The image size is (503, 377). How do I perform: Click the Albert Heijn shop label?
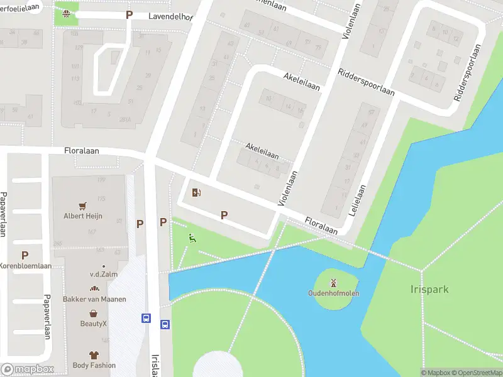[82, 216]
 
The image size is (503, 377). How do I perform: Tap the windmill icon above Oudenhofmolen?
[334, 281]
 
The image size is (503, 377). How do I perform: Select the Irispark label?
[429, 290]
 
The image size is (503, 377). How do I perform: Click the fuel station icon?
[196, 193]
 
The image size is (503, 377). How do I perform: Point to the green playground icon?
[192, 238]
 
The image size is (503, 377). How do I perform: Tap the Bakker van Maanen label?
[94, 299]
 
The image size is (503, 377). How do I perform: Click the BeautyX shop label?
[94, 324]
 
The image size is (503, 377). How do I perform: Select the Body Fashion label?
[94, 365]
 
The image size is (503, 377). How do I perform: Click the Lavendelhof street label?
[170, 17]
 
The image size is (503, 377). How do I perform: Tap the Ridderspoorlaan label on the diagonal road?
[366, 82]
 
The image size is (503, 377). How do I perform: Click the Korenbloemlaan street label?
[26, 266]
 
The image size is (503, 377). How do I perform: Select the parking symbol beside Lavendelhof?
[130, 14]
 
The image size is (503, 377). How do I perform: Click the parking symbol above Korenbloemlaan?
[25, 255]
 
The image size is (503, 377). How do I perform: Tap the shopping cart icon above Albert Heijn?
[82, 205]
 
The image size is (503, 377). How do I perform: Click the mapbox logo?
[27, 369]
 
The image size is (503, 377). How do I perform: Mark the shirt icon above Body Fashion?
[94, 355]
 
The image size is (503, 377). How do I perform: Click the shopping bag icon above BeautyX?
[94, 314]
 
